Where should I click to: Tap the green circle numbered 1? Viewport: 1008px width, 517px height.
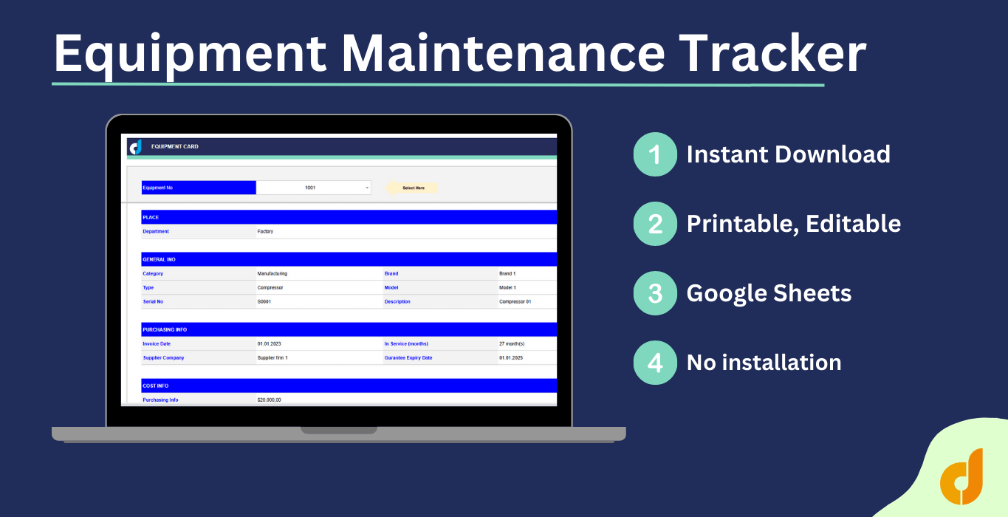[x=655, y=154]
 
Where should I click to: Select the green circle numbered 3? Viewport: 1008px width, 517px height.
[x=655, y=293]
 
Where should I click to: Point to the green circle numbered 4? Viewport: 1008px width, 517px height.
[x=655, y=363]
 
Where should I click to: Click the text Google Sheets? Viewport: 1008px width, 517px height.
[x=769, y=293]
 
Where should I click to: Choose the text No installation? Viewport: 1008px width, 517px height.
[x=764, y=363]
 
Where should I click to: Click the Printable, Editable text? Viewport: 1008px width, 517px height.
[x=793, y=224]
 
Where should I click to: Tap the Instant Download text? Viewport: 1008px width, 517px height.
[x=788, y=154]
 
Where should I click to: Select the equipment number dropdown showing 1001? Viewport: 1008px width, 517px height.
[x=313, y=188]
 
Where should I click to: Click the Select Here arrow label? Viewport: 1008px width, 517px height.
[x=413, y=188]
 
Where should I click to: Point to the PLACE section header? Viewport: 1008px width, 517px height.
[x=151, y=217]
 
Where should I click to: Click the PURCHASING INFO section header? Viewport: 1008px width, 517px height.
[x=160, y=329]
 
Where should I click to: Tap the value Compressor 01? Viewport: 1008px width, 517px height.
[x=515, y=301]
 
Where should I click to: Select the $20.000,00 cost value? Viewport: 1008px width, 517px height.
[x=269, y=400]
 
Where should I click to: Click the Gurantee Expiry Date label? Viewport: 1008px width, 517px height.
[x=408, y=357]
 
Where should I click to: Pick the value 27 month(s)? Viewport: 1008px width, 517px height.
[x=512, y=343]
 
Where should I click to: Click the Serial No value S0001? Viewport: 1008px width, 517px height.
[x=264, y=301]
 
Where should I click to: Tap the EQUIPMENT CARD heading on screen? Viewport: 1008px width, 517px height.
[x=174, y=146]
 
